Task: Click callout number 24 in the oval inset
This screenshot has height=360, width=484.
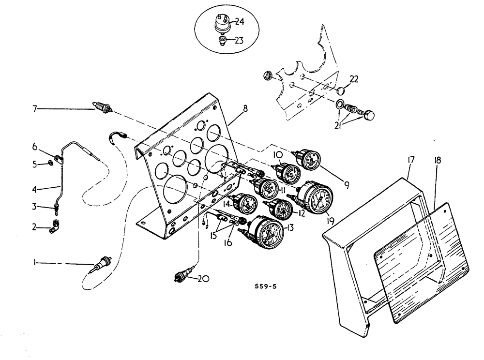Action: tap(241, 21)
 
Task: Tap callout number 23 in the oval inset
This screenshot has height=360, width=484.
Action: tap(239, 41)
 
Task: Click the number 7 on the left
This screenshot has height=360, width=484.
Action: tap(35, 109)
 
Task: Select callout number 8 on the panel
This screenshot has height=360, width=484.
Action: tap(245, 109)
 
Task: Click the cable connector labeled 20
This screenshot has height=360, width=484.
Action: tap(183, 277)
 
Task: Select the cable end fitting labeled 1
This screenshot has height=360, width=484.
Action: tap(102, 264)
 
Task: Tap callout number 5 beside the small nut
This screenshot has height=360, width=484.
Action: tap(34, 164)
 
